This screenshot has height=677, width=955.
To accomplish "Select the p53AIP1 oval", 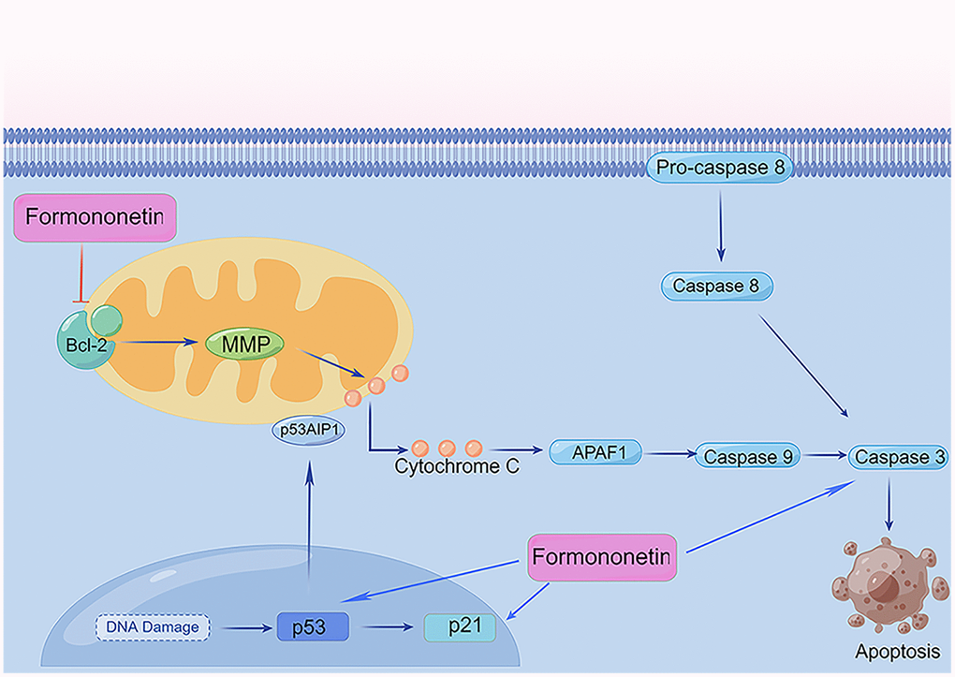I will (305, 431).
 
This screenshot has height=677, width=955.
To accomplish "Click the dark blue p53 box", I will (313, 625).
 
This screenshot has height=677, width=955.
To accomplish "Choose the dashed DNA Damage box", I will (152, 626).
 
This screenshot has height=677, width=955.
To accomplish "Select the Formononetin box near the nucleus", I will (601, 556).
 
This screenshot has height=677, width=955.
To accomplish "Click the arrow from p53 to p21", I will (386, 626).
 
